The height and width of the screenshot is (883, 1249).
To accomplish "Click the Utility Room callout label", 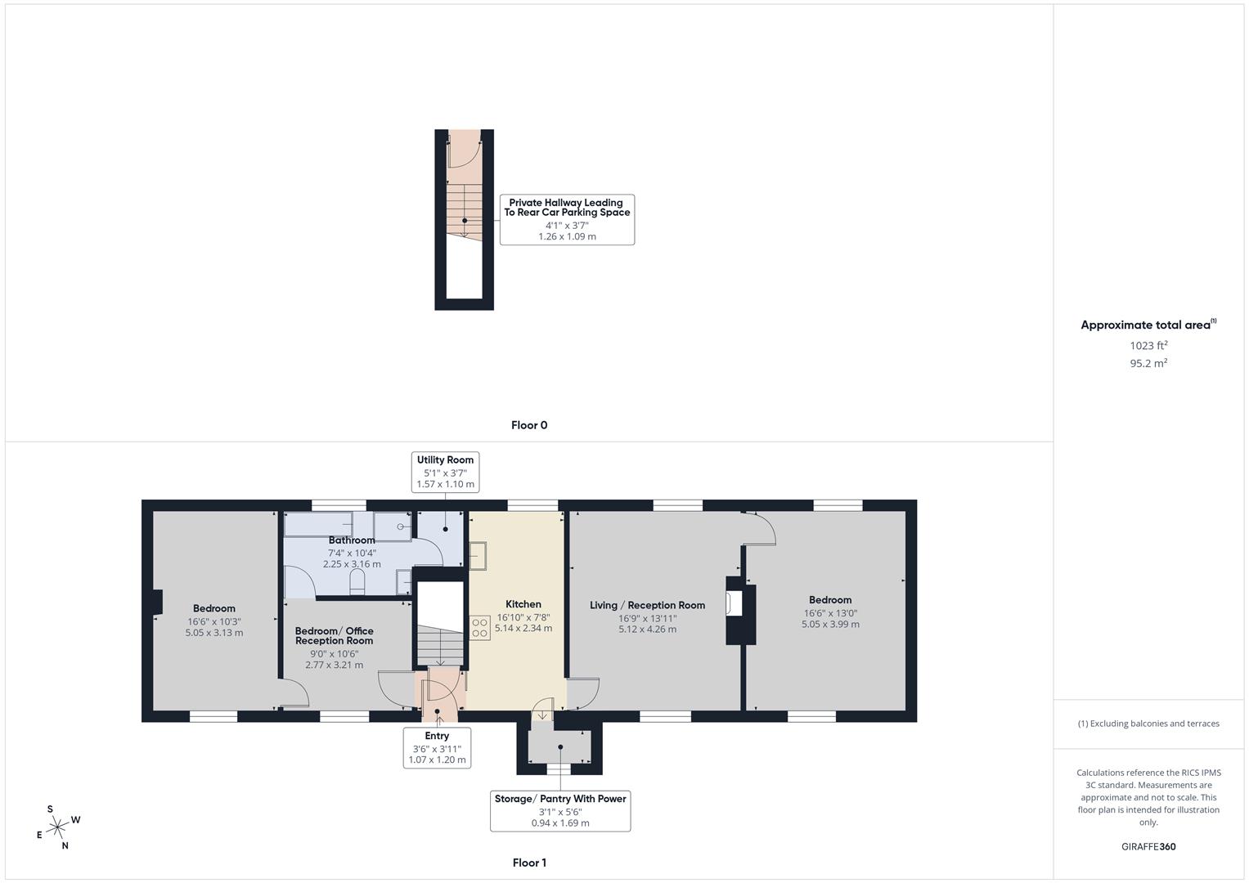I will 445,471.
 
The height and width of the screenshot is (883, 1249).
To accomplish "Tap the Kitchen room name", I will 523,604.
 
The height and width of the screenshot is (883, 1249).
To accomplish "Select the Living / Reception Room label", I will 647,605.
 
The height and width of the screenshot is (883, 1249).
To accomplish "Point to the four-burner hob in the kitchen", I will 479,627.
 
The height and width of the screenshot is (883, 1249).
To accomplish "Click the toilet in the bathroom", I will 357,581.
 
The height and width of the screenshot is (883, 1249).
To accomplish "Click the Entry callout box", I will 437,747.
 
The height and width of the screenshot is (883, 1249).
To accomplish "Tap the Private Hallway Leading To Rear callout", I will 567,218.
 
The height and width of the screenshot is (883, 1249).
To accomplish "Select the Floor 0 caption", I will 529,425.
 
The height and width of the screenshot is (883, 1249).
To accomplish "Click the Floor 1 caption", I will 529,863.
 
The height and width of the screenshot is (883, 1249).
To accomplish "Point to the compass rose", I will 57,827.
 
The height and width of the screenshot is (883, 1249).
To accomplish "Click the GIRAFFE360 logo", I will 1148,846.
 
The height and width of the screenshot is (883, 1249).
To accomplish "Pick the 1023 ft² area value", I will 1148,346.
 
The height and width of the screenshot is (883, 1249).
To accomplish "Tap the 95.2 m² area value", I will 1148,364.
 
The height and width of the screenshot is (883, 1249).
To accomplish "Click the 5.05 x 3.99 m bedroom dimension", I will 830,625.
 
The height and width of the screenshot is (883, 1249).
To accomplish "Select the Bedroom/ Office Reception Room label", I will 334,635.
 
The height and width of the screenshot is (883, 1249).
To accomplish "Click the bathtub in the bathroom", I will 318,524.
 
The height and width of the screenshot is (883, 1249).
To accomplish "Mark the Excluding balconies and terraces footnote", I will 1148,724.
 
